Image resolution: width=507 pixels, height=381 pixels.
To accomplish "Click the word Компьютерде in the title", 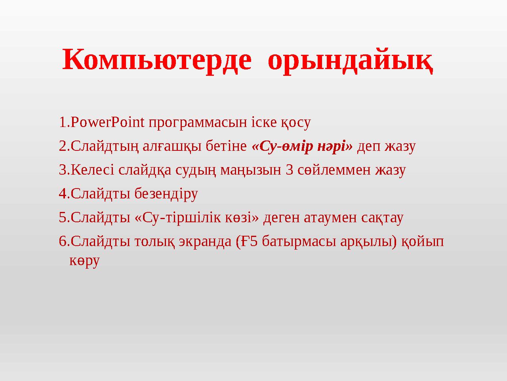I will (157, 60).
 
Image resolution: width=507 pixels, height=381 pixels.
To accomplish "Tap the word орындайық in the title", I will (351, 60).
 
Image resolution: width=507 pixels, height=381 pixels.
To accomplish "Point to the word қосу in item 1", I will (295, 122).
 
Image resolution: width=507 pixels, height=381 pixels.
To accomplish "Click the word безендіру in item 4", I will (166, 194).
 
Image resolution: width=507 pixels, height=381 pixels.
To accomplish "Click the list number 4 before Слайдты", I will (62, 194).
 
